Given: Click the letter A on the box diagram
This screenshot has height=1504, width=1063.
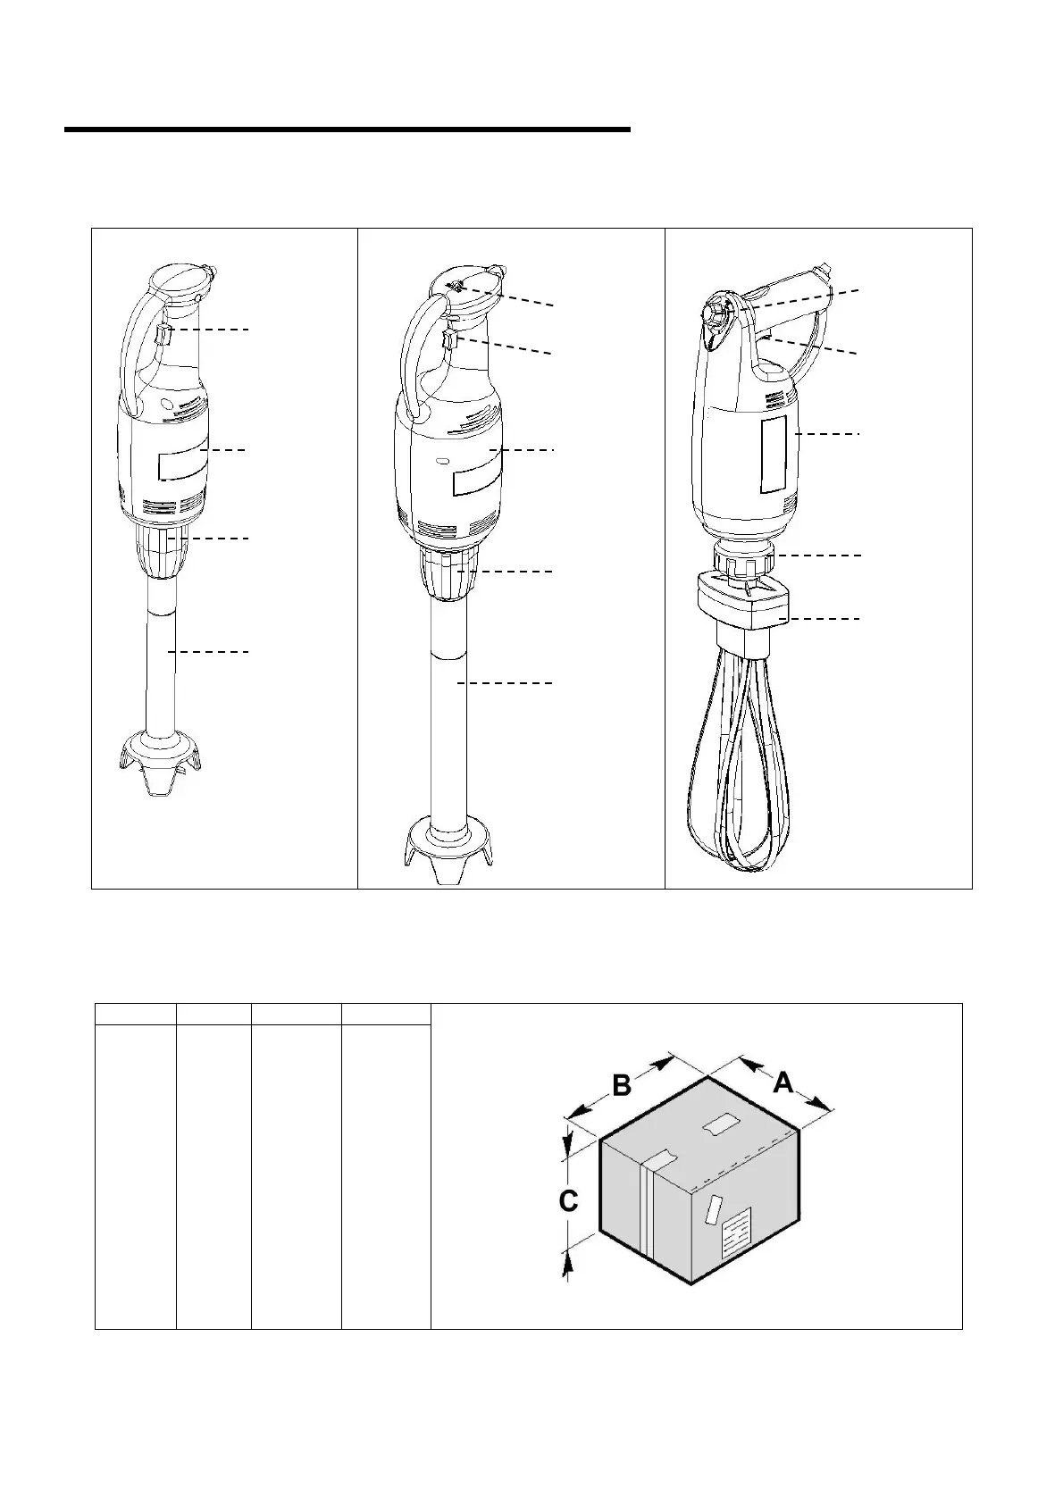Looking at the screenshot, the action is [x=783, y=1082].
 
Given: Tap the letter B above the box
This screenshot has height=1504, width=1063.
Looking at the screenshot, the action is [x=622, y=1085].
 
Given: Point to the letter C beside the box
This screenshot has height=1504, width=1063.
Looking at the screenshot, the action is [x=568, y=1201].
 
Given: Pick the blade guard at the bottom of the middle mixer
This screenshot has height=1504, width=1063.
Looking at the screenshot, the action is [x=447, y=848].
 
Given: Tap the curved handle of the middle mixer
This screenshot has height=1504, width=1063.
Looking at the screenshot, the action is [x=417, y=357].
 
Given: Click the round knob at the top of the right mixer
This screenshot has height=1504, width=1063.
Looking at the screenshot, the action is [x=717, y=312].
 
